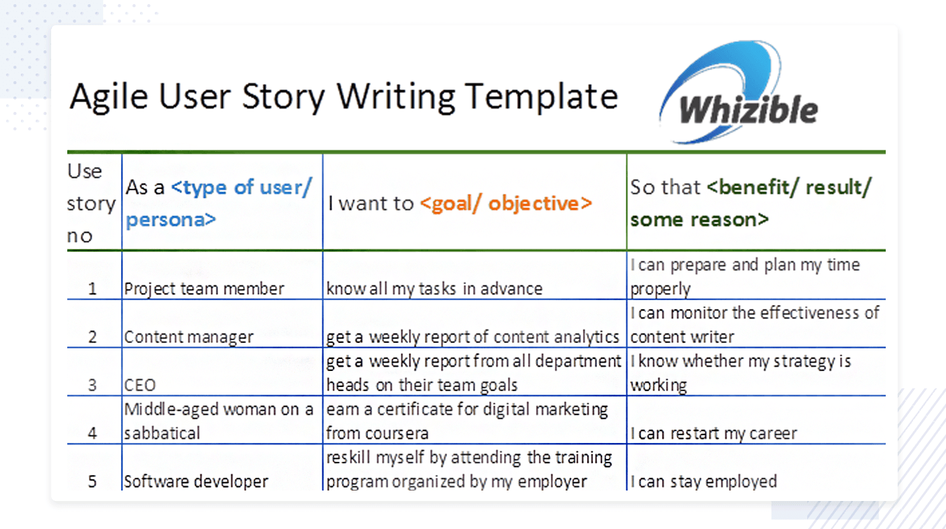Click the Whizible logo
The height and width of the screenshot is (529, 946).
point(738,93)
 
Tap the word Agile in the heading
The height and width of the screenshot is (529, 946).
point(109,98)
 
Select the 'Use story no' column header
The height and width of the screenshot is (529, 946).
point(91,204)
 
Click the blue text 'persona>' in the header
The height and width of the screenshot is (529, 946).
point(171,220)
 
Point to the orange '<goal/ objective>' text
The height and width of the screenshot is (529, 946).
point(506,204)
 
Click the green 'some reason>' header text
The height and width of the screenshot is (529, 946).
point(699,220)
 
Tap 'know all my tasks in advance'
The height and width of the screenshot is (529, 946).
point(434,289)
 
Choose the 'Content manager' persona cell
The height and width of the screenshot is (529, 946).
point(188,337)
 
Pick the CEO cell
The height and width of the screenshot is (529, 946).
point(139,385)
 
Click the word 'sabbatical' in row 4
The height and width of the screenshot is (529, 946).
point(162,433)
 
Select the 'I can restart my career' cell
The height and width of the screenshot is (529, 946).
point(713,433)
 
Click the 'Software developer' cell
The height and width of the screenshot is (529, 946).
point(196,481)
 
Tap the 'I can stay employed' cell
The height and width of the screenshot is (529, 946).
point(704,481)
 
